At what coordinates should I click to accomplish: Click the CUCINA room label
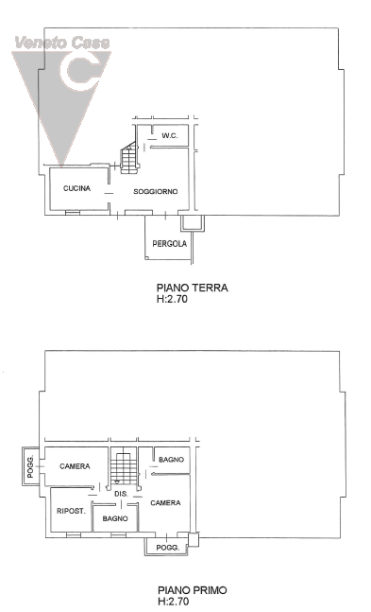click(76, 188)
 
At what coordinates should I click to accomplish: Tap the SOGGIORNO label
click(156, 192)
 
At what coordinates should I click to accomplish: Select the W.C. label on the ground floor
click(170, 136)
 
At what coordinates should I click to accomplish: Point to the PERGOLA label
click(170, 243)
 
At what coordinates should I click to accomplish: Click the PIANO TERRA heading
click(193, 289)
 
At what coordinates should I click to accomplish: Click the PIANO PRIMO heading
click(193, 590)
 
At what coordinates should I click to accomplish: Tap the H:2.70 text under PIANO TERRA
click(172, 299)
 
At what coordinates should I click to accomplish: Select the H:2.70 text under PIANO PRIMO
click(174, 601)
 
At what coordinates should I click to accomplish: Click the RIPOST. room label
click(71, 511)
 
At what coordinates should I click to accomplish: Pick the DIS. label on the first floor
click(121, 494)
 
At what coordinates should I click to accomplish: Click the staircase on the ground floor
click(129, 157)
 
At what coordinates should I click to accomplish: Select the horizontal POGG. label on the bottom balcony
click(168, 548)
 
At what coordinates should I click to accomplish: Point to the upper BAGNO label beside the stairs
click(171, 460)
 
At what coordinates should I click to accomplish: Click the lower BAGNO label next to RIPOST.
click(115, 518)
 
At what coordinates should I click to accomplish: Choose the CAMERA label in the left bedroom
click(75, 466)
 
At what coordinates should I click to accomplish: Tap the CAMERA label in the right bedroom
click(165, 502)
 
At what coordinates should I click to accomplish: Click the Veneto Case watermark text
click(62, 43)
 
